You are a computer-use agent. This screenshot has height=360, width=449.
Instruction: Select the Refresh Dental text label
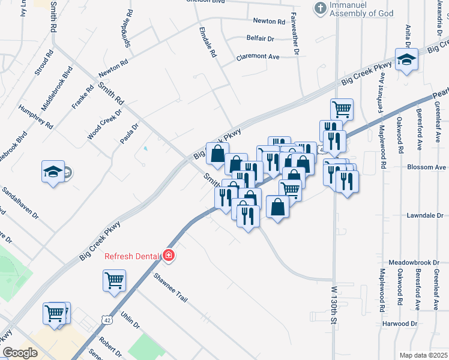click(x=133, y=256)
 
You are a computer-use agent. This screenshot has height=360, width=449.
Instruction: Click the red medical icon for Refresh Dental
click(x=169, y=256)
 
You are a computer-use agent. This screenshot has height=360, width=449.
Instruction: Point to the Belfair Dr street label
click(x=260, y=38)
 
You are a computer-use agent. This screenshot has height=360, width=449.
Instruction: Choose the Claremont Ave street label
click(x=258, y=56)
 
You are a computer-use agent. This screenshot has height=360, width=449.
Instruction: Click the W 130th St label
click(x=334, y=305)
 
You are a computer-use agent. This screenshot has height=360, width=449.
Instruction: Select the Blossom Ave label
click(x=427, y=167)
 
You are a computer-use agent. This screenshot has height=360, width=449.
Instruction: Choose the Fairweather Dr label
click(x=295, y=34)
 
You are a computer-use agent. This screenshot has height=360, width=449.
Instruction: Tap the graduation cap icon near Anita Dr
click(x=406, y=60)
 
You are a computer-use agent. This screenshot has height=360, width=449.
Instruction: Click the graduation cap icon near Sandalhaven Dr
click(x=52, y=172)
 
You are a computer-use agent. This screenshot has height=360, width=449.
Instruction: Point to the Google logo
click(x=20, y=353)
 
